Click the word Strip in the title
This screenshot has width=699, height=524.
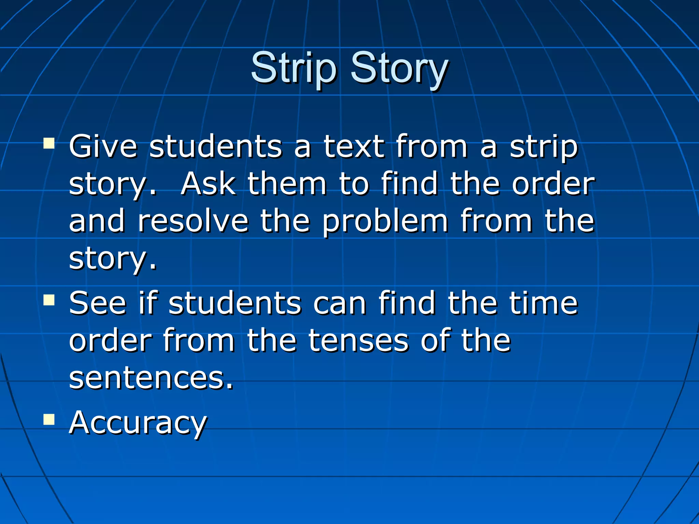point(294,68)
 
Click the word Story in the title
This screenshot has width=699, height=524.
point(399,68)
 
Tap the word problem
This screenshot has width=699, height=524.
point(385,222)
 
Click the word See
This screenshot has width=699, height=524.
point(98,303)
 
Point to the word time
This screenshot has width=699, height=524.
point(543,303)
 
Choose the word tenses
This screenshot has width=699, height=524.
point(358,340)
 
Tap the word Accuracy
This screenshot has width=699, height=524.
point(138,423)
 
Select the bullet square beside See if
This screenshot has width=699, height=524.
point(49,300)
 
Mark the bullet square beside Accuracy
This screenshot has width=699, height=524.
point(49,419)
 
